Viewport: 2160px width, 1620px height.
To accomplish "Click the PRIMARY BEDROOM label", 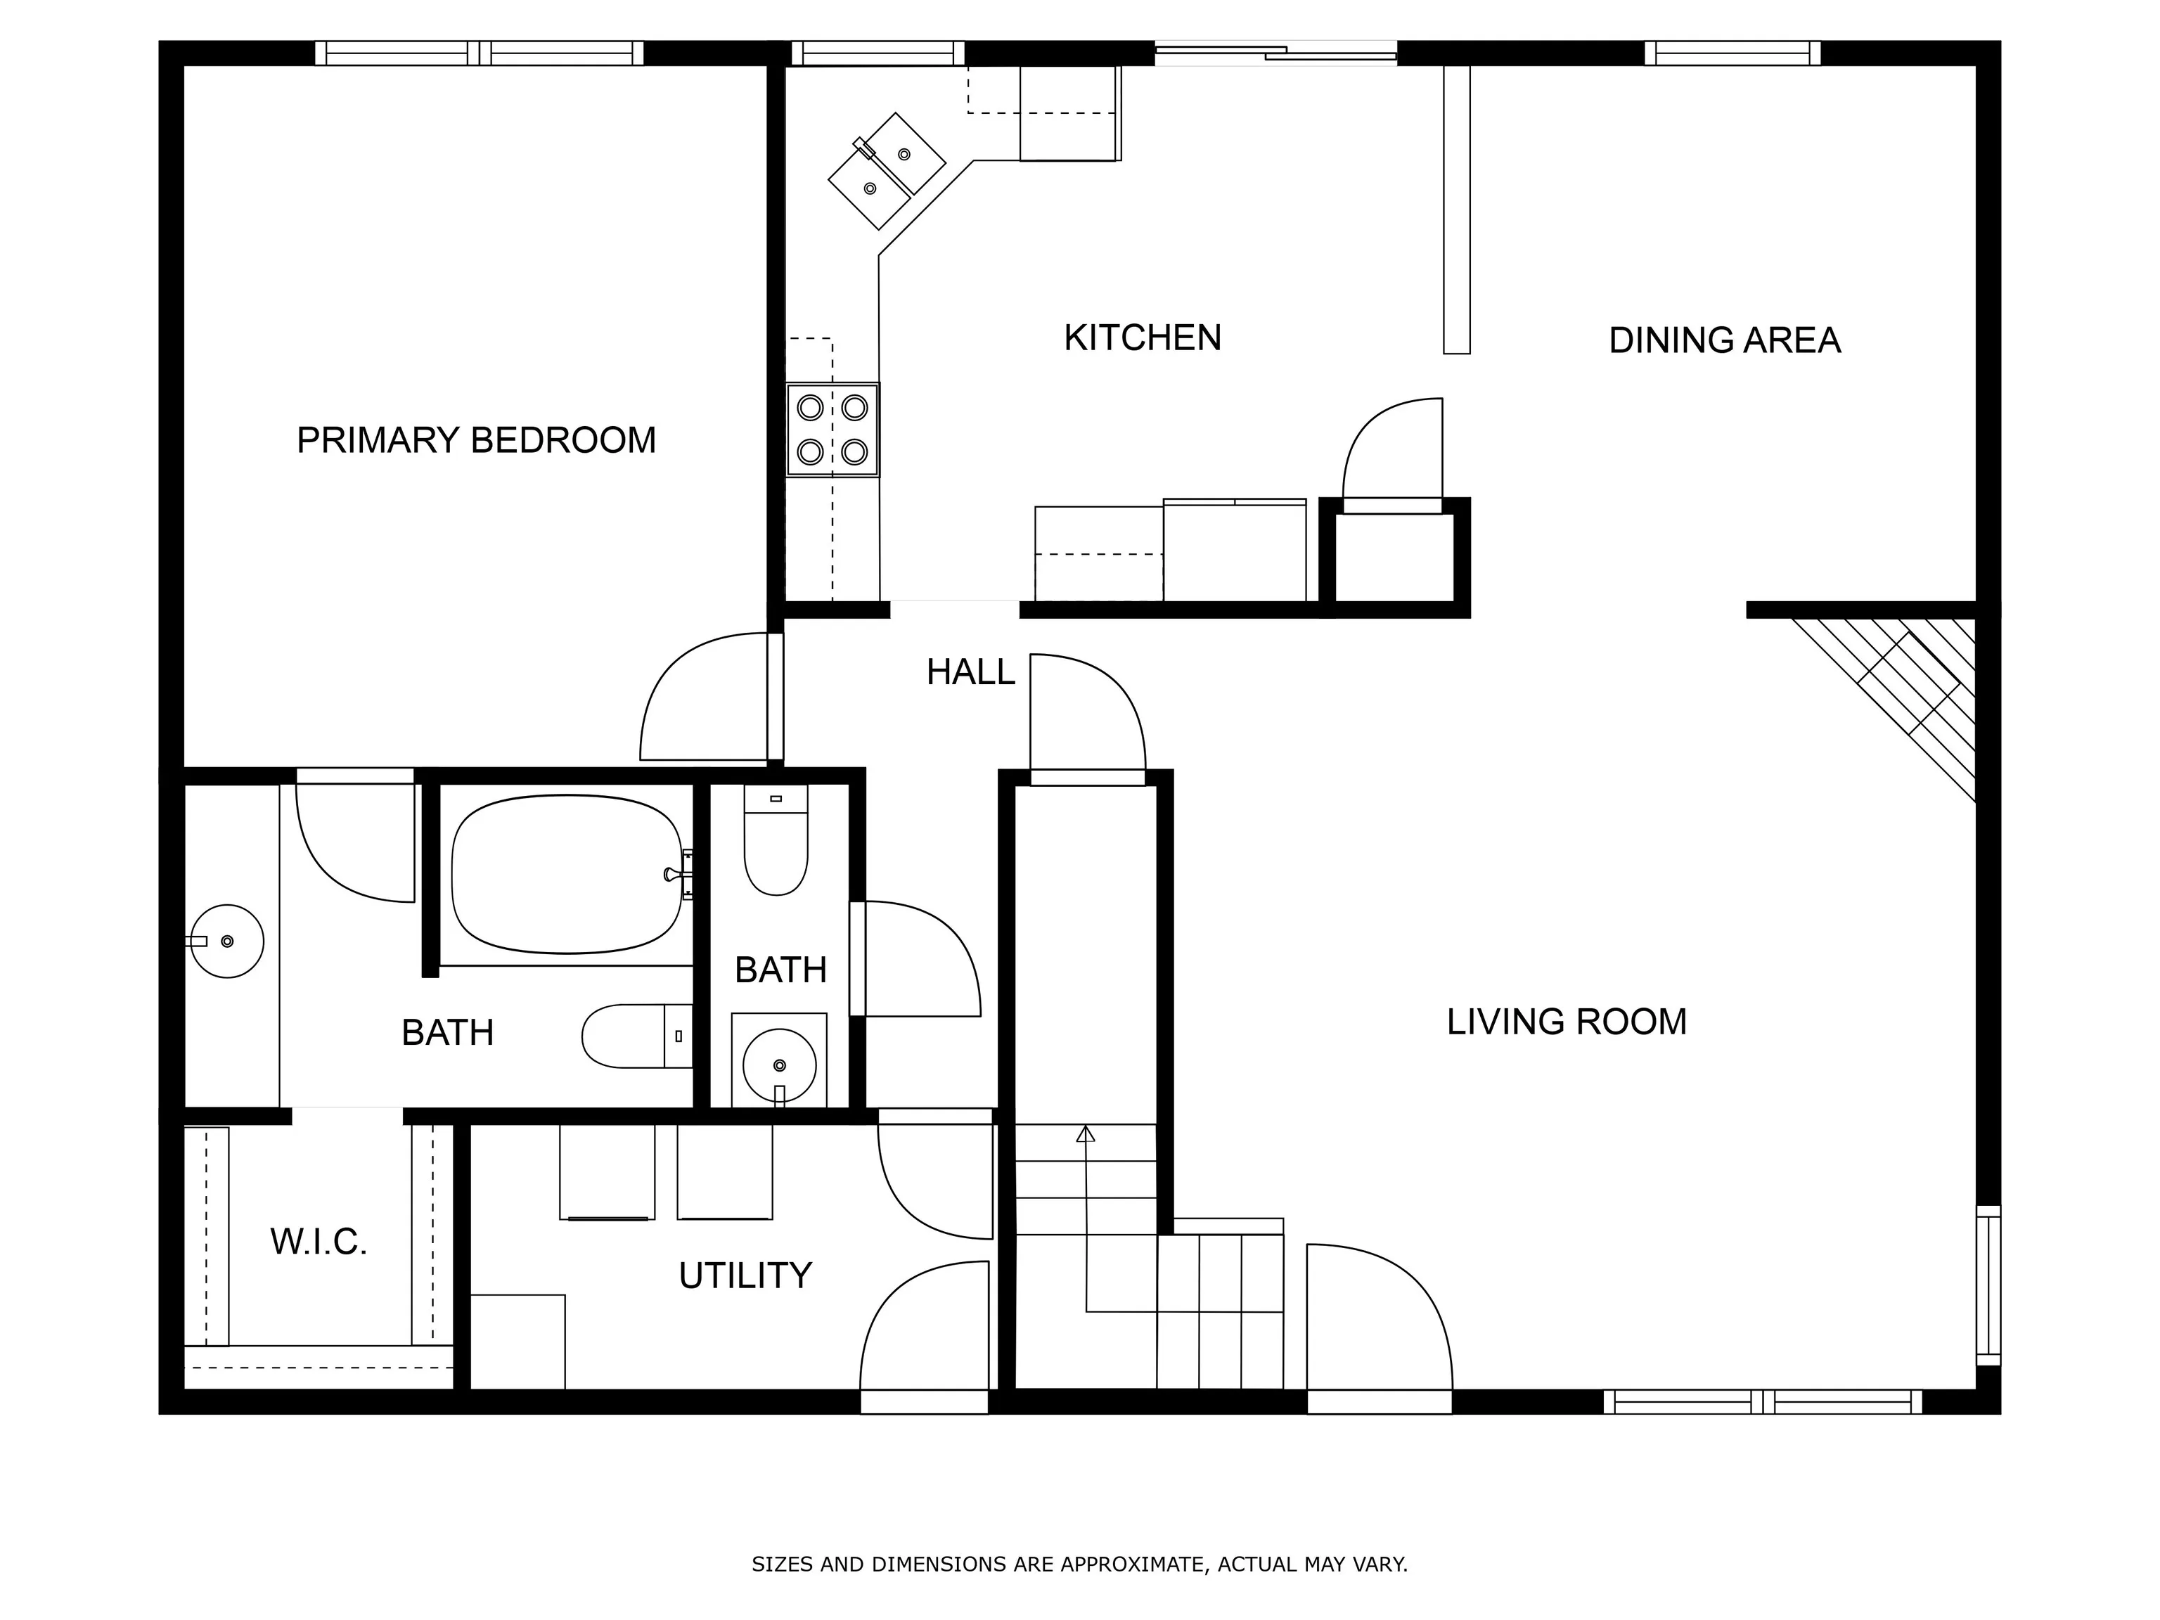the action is coord(477,440).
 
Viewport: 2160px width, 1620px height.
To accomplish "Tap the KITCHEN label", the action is coord(1143,338).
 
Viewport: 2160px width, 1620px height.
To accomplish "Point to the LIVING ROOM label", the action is coord(1567,1022).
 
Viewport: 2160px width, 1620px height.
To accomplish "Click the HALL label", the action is coord(970,671).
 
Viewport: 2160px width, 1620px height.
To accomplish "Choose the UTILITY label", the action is coord(745,1275).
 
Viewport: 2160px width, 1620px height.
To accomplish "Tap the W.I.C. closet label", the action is coord(319,1242).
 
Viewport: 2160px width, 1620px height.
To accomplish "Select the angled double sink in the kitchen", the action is coord(887,171).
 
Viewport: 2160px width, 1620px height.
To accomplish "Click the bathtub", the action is coord(567,875).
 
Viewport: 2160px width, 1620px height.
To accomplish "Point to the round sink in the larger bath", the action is coord(226,941).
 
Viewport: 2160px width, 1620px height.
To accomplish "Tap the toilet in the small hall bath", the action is coord(776,840).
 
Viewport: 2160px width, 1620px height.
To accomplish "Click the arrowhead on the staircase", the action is coord(1085,1133).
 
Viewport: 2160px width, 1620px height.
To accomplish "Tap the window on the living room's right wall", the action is coord(1988,1285).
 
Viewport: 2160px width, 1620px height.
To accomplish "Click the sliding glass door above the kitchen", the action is coord(1276,53).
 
